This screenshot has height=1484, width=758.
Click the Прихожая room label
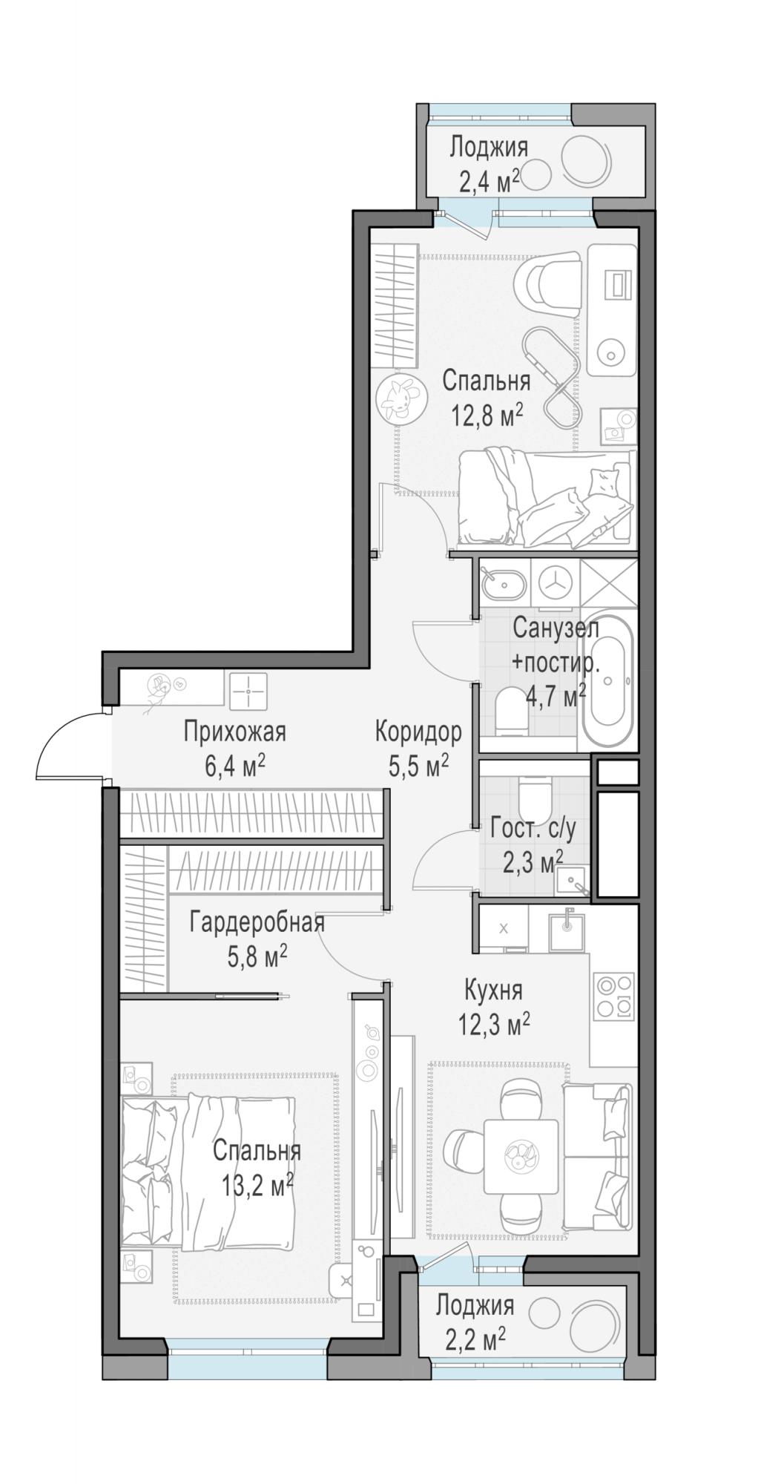(234, 732)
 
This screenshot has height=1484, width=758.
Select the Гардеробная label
(257, 924)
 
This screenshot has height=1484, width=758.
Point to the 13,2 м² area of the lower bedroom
(257, 1185)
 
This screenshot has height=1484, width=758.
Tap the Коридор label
(418, 732)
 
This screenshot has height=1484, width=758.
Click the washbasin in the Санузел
(503, 585)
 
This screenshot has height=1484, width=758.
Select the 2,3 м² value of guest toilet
(533, 864)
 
